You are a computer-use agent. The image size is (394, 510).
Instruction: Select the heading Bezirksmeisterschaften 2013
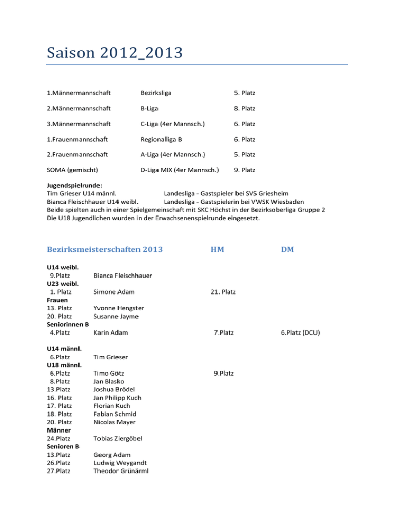[x=104, y=249]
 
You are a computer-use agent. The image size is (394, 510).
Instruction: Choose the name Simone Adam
[x=114, y=292]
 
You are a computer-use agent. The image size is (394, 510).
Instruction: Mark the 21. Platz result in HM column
[x=223, y=292]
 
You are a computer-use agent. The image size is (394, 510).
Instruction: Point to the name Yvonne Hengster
[x=119, y=308]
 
